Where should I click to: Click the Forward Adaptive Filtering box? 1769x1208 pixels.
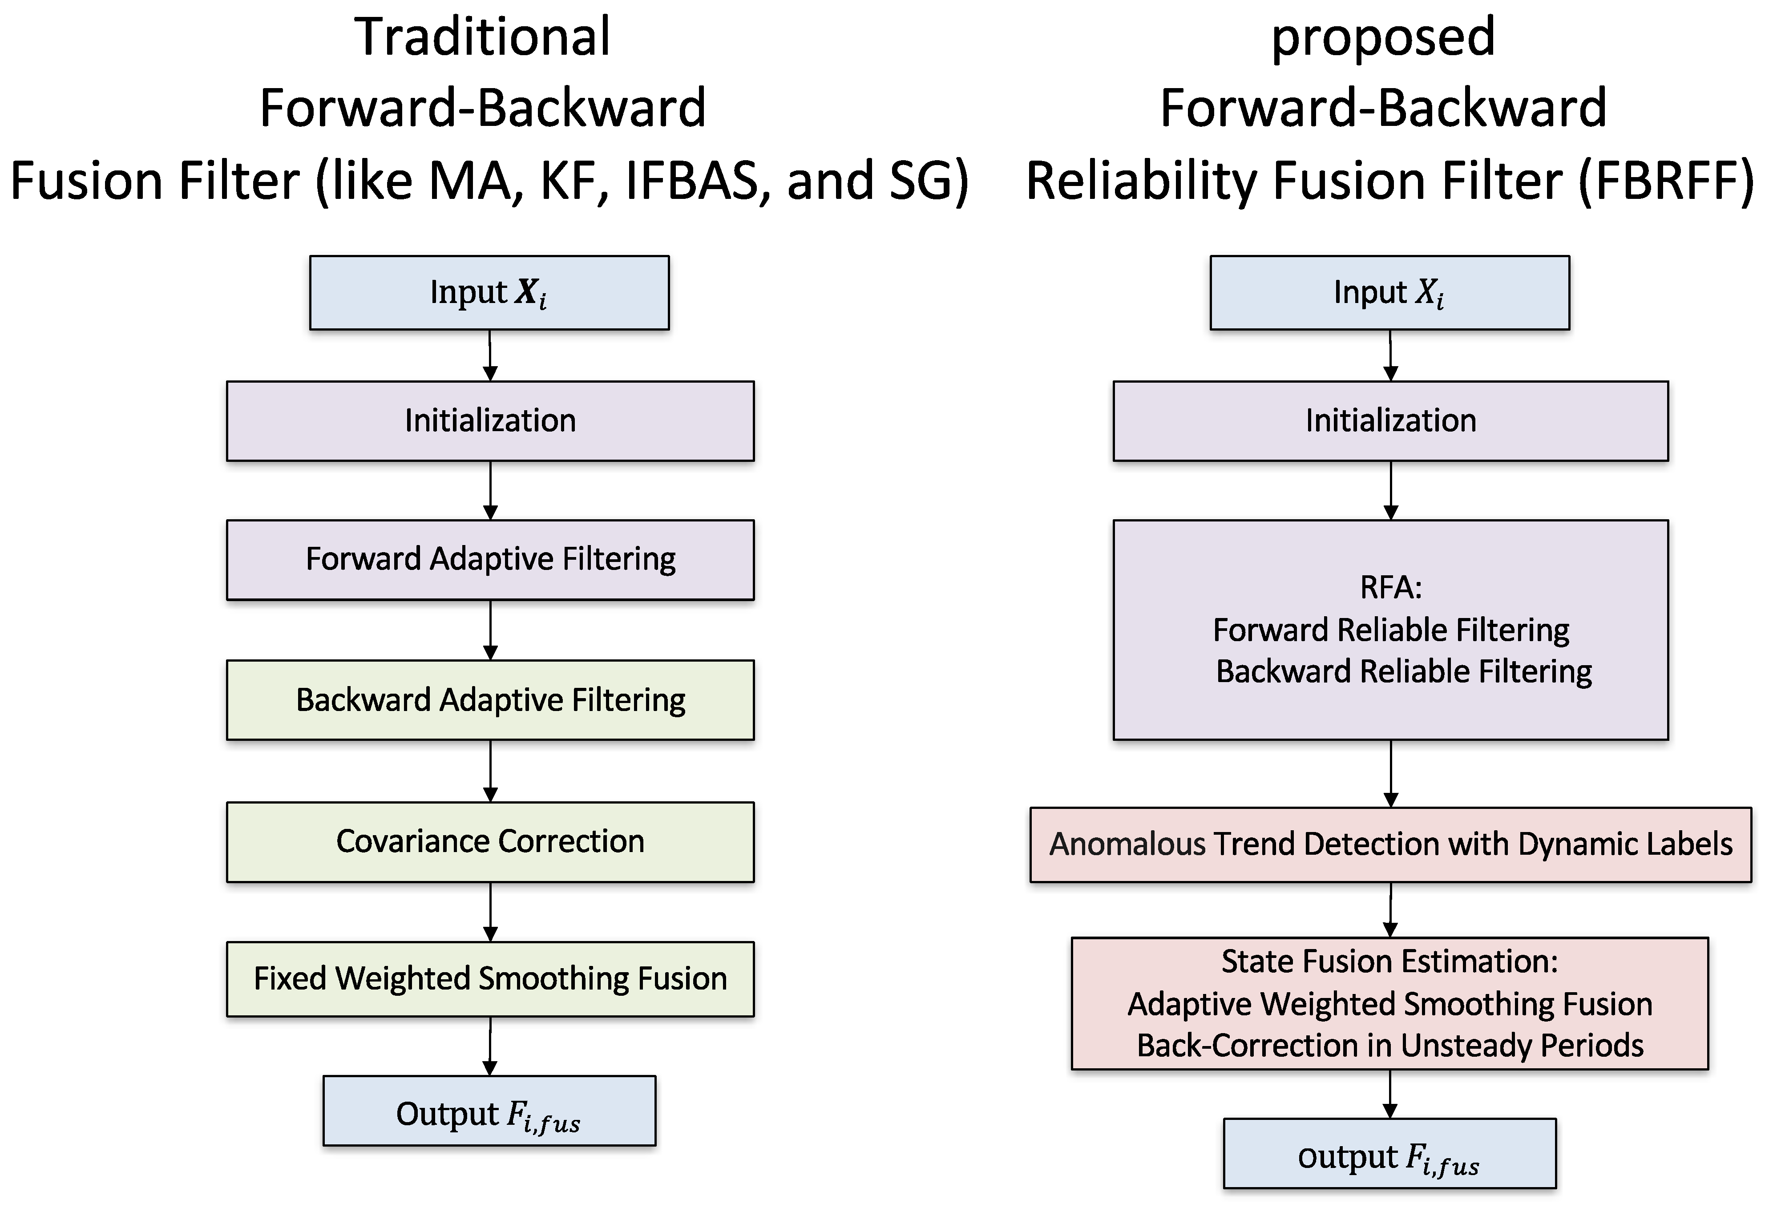490,559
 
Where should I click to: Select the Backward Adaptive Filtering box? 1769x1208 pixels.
490,699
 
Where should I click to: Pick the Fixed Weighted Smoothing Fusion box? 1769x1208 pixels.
490,979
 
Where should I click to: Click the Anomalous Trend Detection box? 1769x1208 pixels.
1391,844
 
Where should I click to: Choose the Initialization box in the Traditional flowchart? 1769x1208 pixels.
490,421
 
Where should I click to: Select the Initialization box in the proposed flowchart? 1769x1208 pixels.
1391,421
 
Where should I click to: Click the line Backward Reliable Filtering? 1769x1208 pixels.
1404,671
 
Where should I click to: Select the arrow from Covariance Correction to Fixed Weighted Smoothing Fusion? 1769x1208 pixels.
490,912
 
